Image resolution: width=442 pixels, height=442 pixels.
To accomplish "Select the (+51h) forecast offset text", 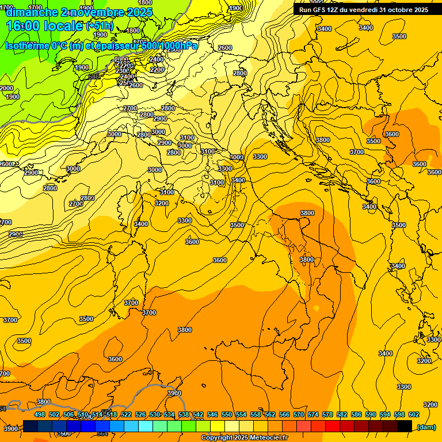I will point(99,26).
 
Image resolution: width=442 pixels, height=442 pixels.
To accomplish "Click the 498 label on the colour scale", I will point(40,414).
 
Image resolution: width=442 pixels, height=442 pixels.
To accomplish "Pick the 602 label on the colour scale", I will point(414,414).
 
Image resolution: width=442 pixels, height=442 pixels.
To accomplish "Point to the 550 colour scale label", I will point(227,414).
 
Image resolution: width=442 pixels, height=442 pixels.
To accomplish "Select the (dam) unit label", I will point(426,427).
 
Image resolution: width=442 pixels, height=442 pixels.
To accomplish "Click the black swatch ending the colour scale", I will point(405,426).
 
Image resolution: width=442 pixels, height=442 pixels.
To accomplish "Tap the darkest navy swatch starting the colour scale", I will point(31,426).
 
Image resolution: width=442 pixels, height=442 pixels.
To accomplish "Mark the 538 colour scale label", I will point(184,414).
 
